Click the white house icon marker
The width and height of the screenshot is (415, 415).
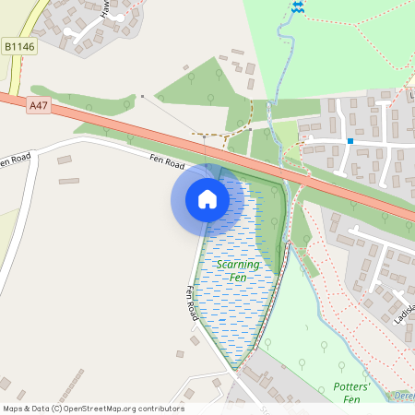[x=207, y=199]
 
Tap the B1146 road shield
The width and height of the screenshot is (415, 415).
[x=19, y=45]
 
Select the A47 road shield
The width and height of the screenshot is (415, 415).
[x=38, y=106]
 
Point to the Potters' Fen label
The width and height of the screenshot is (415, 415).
[x=350, y=393]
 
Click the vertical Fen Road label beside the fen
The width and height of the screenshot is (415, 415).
[x=193, y=302]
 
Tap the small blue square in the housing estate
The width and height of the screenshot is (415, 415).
[x=350, y=140]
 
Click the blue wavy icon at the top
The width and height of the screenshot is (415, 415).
[x=297, y=6]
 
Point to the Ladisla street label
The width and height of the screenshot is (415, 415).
[x=406, y=319]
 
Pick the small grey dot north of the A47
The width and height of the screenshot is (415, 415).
[x=142, y=95]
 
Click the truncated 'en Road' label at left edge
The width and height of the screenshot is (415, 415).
[x=16, y=161]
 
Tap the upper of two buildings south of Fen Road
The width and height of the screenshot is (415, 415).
[x=65, y=160]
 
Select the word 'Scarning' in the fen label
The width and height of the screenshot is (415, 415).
[x=235, y=264]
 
